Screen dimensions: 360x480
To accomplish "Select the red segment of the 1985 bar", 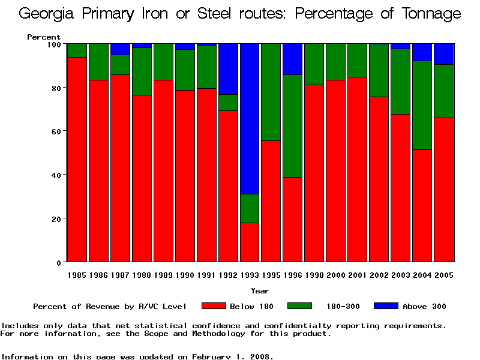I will pos(77,160).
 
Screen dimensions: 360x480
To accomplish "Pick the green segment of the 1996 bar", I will pos(293,126).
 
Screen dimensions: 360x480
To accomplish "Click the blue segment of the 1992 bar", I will pos(228,69).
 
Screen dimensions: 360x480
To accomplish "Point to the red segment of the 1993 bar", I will pos(250,242).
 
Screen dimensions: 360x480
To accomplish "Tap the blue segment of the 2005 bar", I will pos(444,54).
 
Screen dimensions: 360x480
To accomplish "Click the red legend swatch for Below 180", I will pos(214,306).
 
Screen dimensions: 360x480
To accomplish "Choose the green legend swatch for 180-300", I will pos(300,306).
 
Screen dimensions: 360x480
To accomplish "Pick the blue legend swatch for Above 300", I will pos(386,306).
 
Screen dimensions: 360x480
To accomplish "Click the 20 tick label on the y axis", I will pos(57,219).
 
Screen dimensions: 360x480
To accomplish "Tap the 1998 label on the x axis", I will pos(314,275).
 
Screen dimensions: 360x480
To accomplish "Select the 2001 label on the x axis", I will pos(358,275).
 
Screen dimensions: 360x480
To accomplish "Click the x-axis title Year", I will pos(260,290).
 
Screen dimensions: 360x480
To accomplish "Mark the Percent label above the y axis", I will pos(44,37).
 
